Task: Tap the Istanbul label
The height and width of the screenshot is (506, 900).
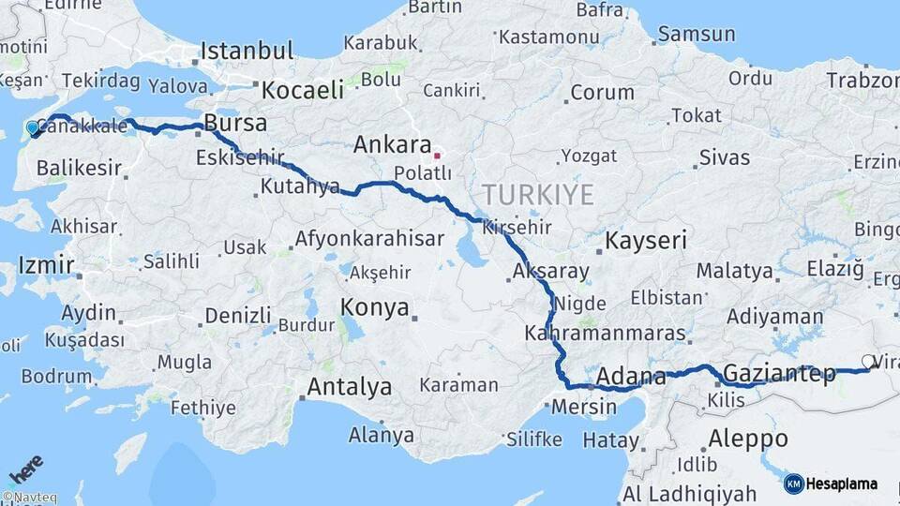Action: pyautogui.click(x=247, y=51)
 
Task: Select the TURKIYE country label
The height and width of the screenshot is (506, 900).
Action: pyautogui.click(x=538, y=195)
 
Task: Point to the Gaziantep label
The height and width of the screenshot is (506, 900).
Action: pyautogui.click(x=780, y=374)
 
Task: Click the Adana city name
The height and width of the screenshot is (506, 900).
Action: pyautogui.click(x=630, y=377)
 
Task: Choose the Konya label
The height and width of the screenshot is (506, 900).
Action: pyautogui.click(x=374, y=307)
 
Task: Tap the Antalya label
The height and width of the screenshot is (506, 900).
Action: pyautogui.click(x=350, y=387)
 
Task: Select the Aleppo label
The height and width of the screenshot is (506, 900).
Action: pyautogui.click(x=748, y=438)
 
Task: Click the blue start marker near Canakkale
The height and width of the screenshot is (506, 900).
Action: pyautogui.click(x=33, y=128)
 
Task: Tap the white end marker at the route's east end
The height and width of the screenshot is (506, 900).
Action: pyautogui.click(x=868, y=361)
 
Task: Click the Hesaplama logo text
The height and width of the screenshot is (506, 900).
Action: pyautogui.click(x=842, y=484)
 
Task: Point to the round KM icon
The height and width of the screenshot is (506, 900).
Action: pyautogui.click(x=793, y=484)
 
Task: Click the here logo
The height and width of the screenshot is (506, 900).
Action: pyautogui.click(x=25, y=468)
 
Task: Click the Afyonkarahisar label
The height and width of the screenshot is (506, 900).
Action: pyautogui.click(x=369, y=239)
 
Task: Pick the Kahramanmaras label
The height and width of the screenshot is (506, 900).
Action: pyautogui.click(x=605, y=333)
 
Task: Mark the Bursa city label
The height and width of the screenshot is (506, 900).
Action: pyautogui.click(x=235, y=123)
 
